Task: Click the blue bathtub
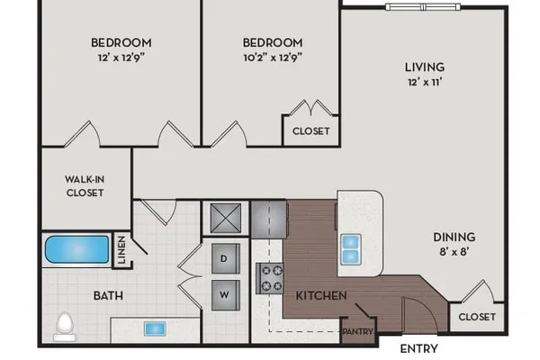77,249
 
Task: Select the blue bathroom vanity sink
155,328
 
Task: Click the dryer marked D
226,258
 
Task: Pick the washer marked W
226,295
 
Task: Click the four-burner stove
270,278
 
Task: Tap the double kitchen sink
351,249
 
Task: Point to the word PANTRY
358,331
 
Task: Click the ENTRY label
418,348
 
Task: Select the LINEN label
121,250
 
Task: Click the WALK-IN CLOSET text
85,185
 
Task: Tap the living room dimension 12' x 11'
425,82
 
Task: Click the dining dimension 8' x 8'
454,251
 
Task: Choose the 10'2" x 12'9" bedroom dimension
273,58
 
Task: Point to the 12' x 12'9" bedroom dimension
121,58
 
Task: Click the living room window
423,7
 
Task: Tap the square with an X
226,219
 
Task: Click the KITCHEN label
321,295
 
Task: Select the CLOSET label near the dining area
477,317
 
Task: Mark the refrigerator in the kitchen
269,220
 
